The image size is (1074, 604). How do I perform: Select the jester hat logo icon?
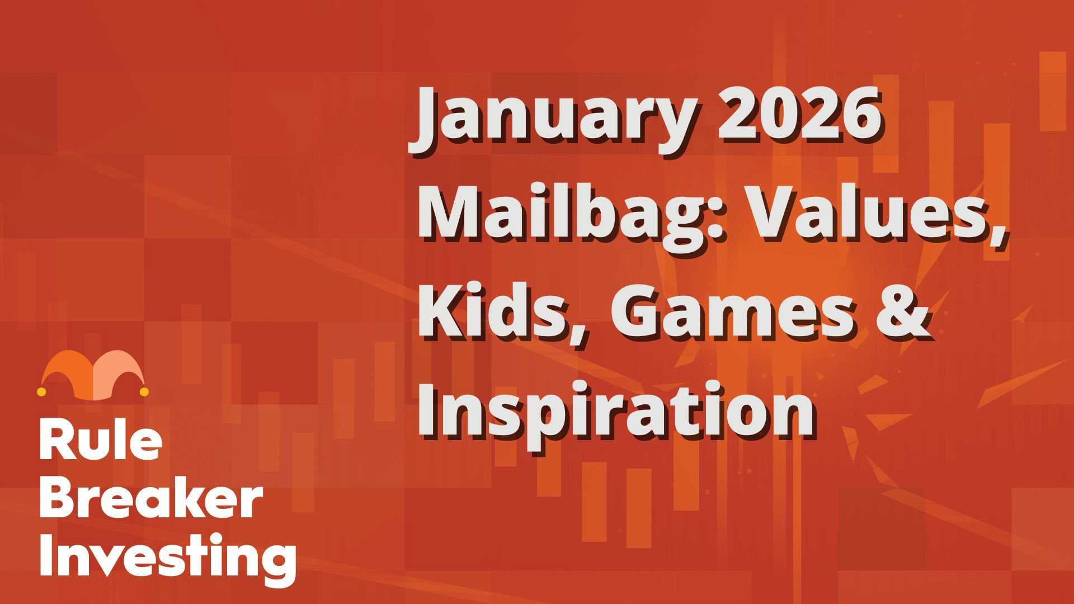click(93, 375)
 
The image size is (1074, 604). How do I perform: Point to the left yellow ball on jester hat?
click(41, 392)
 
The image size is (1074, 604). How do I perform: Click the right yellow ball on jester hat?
click(144, 392)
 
